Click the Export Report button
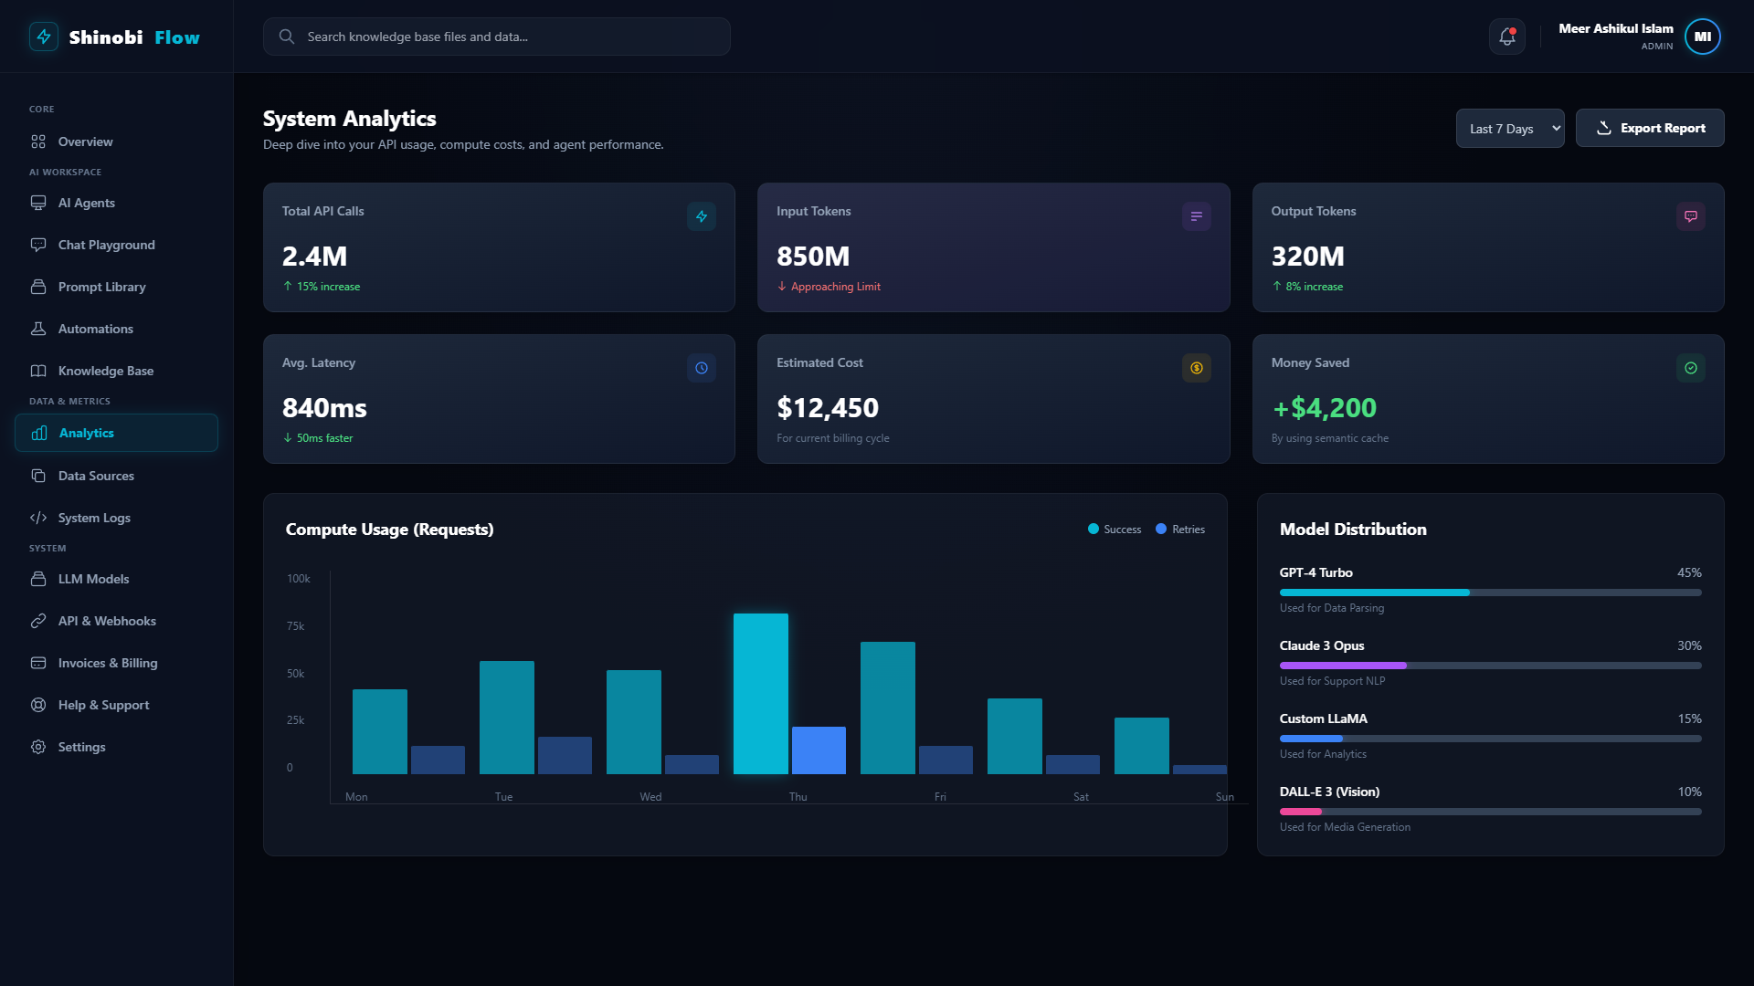(1650, 128)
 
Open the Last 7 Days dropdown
(1510, 128)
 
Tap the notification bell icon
(1507, 37)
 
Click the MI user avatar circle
(1703, 37)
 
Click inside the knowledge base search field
(497, 37)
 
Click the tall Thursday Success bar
(761, 694)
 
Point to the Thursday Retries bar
(819, 750)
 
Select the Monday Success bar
(380, 731)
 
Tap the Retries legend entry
(1180, 530)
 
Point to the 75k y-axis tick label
(296, 626)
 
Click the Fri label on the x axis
(940, 797)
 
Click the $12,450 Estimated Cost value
(828, 408)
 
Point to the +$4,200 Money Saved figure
(1325, 408)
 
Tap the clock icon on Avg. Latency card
(702, 368)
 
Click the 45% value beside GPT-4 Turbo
(1689, 572)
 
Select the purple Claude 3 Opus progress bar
(1343, 666)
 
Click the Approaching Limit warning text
(836, 287)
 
